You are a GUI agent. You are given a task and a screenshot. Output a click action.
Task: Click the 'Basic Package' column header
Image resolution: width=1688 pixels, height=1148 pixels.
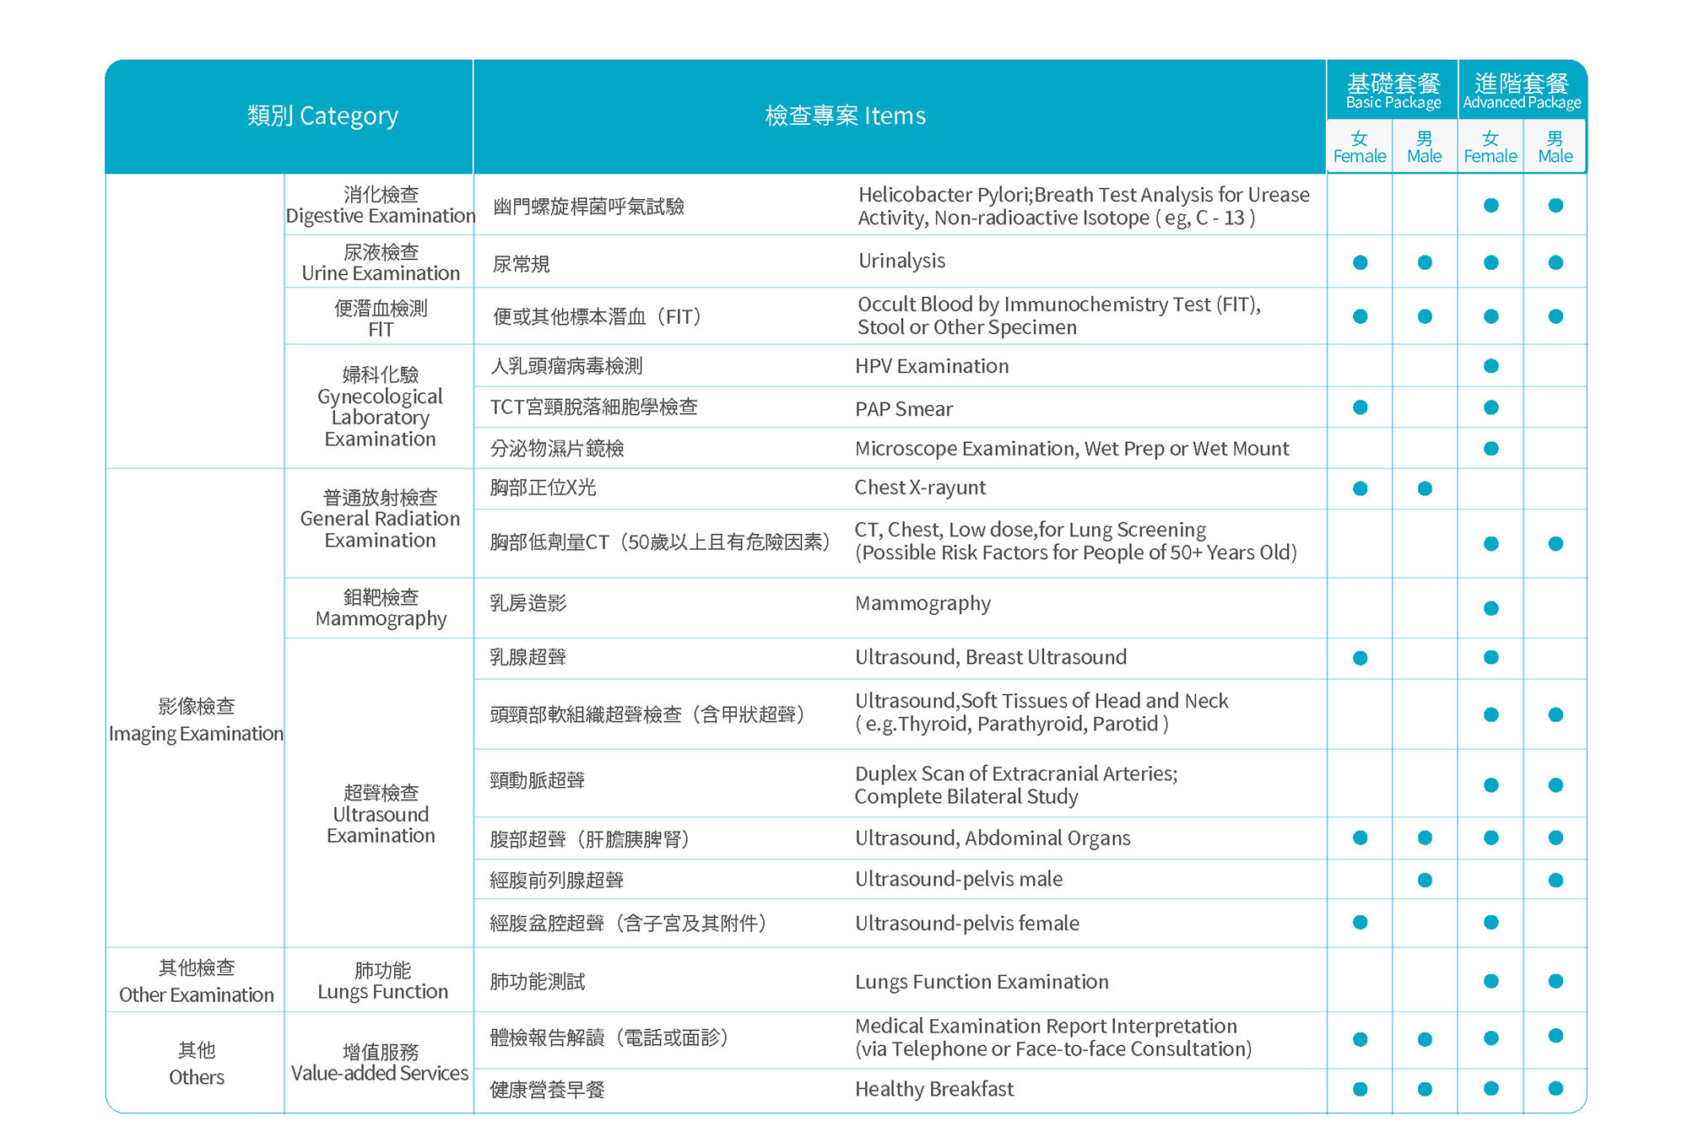(x=1393, y=91)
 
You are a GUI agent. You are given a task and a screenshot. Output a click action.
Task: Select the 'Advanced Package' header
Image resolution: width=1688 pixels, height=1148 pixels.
(x=1522, y=91)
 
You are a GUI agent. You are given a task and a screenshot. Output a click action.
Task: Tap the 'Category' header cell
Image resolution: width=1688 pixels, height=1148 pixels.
(x=322, y=116)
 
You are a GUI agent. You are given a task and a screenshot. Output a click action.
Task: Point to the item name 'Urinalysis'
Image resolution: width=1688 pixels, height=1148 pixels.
(x=901, y=261)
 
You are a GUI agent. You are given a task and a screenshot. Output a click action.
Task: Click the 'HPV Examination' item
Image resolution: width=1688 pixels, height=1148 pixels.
(x=932, y=366)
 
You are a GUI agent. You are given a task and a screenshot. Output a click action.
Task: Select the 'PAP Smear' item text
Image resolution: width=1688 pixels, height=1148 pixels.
(x=903, y=409)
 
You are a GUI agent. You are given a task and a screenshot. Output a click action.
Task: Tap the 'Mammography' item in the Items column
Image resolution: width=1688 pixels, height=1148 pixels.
(x=922, y=604)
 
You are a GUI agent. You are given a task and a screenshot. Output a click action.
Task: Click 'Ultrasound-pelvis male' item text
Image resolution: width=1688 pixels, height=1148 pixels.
(x=958, y=879)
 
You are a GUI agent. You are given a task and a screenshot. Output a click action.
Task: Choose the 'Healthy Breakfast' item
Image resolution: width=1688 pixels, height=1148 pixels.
(x=933, y=1089)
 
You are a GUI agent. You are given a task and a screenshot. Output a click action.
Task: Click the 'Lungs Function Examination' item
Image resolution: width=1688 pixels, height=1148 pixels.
(x=982, y=982)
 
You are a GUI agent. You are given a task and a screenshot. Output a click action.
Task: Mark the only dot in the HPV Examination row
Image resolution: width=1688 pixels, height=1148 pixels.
(x=1491, y=366)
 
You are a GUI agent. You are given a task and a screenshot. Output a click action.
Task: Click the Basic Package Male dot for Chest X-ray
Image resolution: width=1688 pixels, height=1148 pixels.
(x=1425, y=488)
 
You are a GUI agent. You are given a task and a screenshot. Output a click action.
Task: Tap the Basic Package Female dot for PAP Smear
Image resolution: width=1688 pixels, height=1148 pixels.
(x=1360, y=407)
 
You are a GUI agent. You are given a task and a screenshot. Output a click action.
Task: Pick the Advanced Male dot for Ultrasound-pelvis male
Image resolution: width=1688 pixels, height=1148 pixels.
(x=1555, y=881)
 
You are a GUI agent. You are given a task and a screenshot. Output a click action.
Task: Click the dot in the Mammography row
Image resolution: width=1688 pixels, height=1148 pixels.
(x=1491, y=608)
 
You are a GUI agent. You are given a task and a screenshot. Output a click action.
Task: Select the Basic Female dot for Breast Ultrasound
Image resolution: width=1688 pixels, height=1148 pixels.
(x=1360, y=658)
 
